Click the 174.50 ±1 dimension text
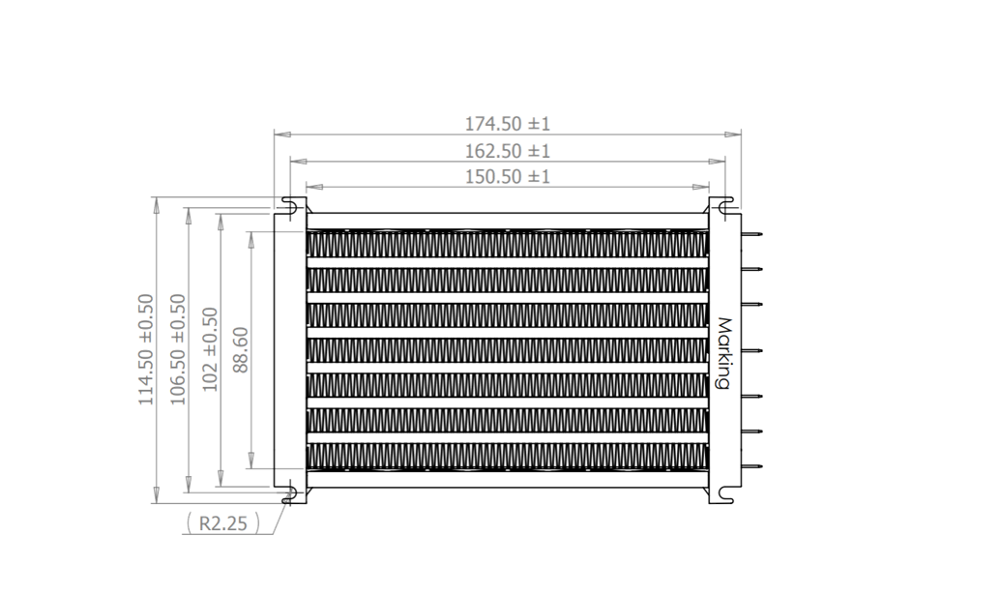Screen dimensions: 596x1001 pyautogui.click(x=508, y=124)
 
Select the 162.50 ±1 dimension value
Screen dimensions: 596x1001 pyautogui.click(x=508, y=151)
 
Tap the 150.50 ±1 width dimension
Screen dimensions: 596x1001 pyautogui.click(x=508, y=176)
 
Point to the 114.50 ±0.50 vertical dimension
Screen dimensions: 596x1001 pyautogui.click(x=146, y=349)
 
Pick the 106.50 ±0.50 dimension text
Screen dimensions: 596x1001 pyautogui.click(x=178, y=349)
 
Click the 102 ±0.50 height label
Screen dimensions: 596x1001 pyautogui.click(x=210, y=349)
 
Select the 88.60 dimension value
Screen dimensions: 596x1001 pyautogui.click(x=241, y=349)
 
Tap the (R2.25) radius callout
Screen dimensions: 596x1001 pyautogui.click(x=222, y=523)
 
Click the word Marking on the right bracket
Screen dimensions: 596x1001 pyautogui.click(x=722, y=353)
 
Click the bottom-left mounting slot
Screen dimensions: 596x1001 pyautogui.click(x=289, y=496)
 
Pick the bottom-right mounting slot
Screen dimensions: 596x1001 pyautogui.click(x=725, y=496)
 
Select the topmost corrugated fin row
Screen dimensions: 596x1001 pyautogui.click(x=508, y=245)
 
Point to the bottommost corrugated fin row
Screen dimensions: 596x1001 pyautogui.click(x=508, y=456)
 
